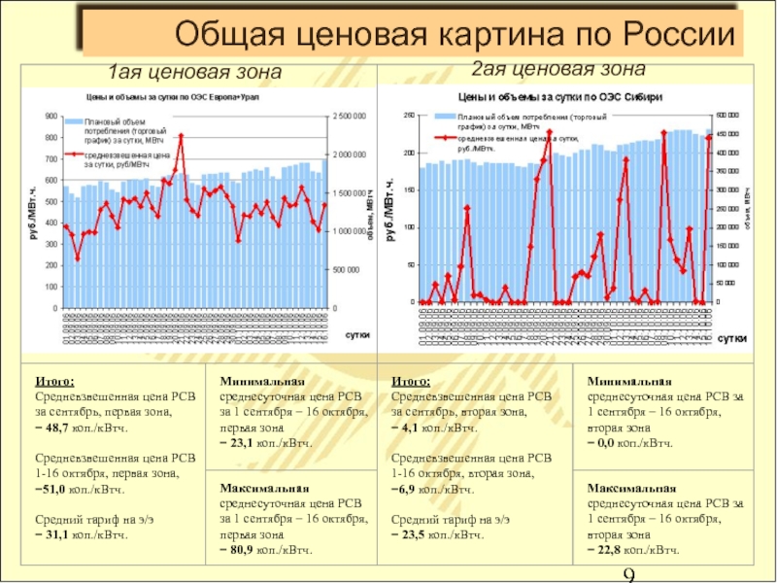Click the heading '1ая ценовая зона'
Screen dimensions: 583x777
click(x=194, y=73)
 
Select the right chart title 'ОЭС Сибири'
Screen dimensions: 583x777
click(x=560, y=98)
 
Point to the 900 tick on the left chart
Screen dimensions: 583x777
click(x=50, y=117)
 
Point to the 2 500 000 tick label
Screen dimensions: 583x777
click(x=350, y=117)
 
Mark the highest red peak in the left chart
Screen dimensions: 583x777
click(x=181, y=137)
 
